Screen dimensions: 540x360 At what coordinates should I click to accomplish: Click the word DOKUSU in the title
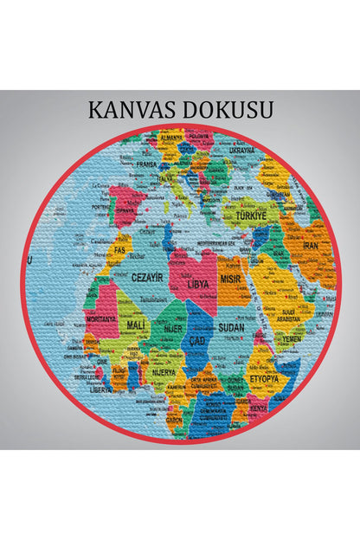click(229, 110)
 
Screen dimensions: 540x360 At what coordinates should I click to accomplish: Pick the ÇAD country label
click(196, 340)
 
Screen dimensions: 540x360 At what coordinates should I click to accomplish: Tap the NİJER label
click(175, 328)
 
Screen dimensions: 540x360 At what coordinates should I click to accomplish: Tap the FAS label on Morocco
click(119, 249)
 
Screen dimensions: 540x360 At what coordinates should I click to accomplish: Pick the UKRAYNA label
click(241, 150)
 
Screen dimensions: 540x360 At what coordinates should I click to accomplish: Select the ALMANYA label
click(171, 137)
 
